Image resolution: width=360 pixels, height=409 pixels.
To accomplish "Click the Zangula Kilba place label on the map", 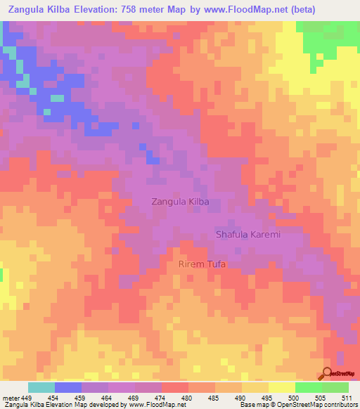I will [x=181, y=202].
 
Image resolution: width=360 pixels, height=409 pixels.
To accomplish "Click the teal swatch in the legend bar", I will [x=41, y=387].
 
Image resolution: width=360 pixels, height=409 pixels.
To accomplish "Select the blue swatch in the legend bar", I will [x=67, y=387].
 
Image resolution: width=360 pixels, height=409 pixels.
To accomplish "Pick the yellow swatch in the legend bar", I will [x=281, y=387].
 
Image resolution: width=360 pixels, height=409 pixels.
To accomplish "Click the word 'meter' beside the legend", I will [x=12, y=398].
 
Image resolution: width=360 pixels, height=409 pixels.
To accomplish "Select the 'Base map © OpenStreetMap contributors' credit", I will [x=298, y=405].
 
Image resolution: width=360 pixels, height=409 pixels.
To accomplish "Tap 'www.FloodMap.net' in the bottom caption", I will [x=152, y=405].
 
